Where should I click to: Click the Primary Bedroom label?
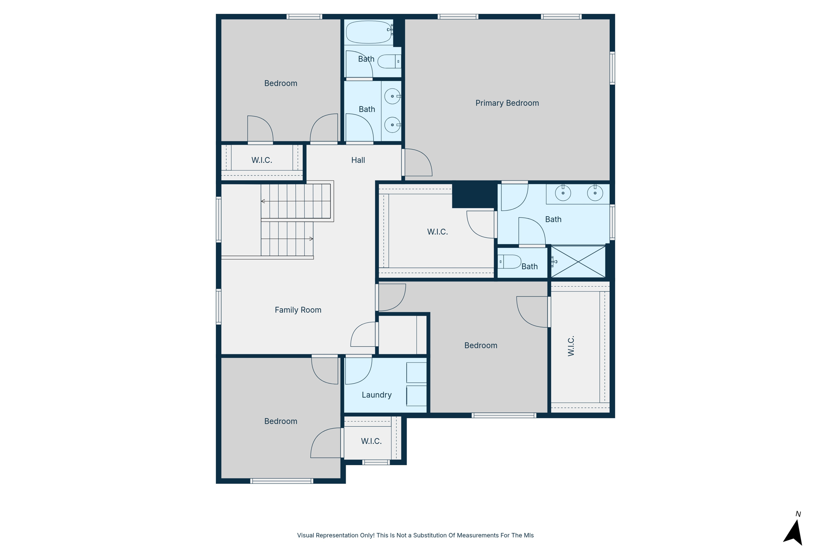pos(507,103)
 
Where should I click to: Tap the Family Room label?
pos(298,310)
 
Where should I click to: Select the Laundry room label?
pos(377,395)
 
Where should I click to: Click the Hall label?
pos(358,160)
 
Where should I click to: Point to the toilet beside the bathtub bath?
pos(389,62)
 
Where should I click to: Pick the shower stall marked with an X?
pos(578,262)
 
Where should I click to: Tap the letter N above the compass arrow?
pos(798,514)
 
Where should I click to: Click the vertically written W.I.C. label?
pos(571,346)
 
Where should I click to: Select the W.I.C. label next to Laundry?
pos(371,441)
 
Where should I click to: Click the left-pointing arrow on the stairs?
pos(263,201)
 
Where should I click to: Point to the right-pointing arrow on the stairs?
pos(311,239)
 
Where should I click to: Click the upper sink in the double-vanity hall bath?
pos(392,97)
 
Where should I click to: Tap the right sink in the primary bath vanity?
pos(595,193)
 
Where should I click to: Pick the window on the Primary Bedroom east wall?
pos(612,68)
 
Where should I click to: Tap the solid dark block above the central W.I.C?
pos(474,194)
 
